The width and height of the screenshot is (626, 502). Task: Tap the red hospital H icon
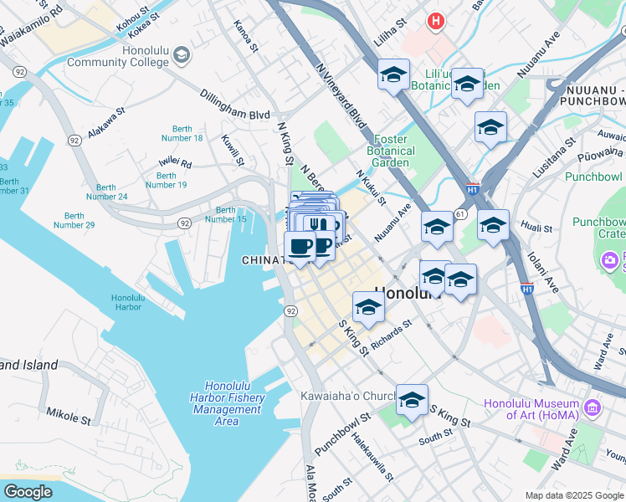[x=434, y=22]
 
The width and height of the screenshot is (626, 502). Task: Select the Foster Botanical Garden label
[x=390, y=151]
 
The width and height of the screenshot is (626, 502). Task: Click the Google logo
[x=28, y=492]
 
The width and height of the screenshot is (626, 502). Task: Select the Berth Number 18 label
[x=182, y=132]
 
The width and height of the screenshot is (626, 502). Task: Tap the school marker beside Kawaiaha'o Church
[x=412, y=402]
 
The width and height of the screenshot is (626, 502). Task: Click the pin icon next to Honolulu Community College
[x=181, y=56]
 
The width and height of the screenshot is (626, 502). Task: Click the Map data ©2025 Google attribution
[x=573, y=494]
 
